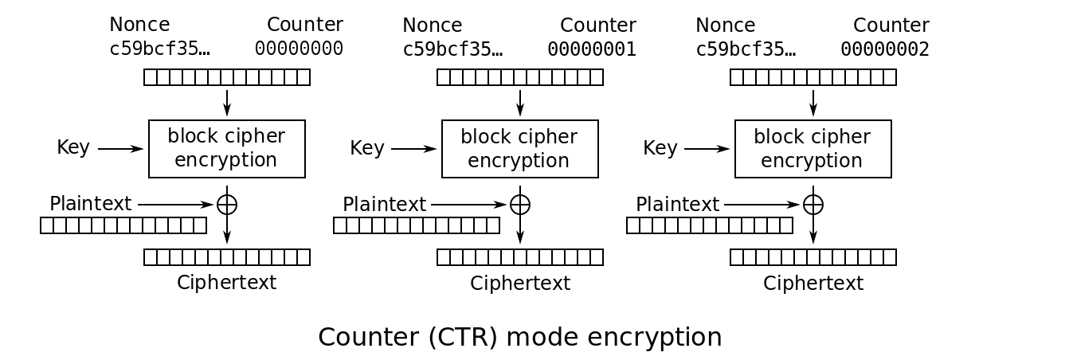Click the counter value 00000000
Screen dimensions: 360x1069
point(299,49)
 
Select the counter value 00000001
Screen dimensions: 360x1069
point(592,49)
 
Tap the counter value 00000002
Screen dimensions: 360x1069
point(885,49)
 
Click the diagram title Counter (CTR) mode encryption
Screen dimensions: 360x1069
point(519,337)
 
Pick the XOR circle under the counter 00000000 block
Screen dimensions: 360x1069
point(227,205)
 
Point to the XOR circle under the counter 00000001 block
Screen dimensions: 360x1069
point(520,205)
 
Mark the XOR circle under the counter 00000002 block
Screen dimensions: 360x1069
point(813,205)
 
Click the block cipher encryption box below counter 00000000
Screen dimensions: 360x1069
point(227,149)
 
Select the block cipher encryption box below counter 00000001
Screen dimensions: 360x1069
point(520,149)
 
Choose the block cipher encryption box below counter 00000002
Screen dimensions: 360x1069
point(813,149)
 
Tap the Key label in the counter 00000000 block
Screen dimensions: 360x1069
point(72,147)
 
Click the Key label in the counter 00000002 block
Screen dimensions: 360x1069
point(660,148)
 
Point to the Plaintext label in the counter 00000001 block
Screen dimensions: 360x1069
point(384,205)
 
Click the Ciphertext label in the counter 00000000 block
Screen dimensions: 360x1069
point(226,282)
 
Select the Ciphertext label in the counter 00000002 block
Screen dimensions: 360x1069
point(813,283)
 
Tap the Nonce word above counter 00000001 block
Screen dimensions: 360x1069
point(432,25)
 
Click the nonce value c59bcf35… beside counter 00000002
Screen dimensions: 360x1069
point(745,49)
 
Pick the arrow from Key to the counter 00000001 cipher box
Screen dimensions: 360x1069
point(413,149)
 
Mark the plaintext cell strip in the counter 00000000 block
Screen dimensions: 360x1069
point(123,225)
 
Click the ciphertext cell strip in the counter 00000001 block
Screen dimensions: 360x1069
point(520,257)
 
